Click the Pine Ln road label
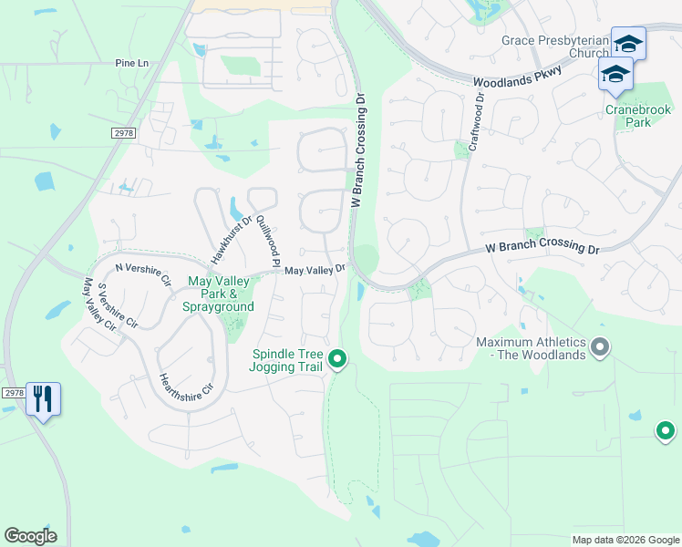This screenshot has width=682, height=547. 131,63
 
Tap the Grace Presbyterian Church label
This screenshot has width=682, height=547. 555,46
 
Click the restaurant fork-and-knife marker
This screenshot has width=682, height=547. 43,399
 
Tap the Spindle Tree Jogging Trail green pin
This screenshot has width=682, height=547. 338,360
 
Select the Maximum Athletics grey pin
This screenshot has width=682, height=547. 600,346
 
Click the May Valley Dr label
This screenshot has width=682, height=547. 315,270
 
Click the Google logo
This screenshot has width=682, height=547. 30,536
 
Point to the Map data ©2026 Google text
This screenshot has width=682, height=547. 625,540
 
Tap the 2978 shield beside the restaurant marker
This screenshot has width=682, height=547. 12,393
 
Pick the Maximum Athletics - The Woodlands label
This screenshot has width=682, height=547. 531,348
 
